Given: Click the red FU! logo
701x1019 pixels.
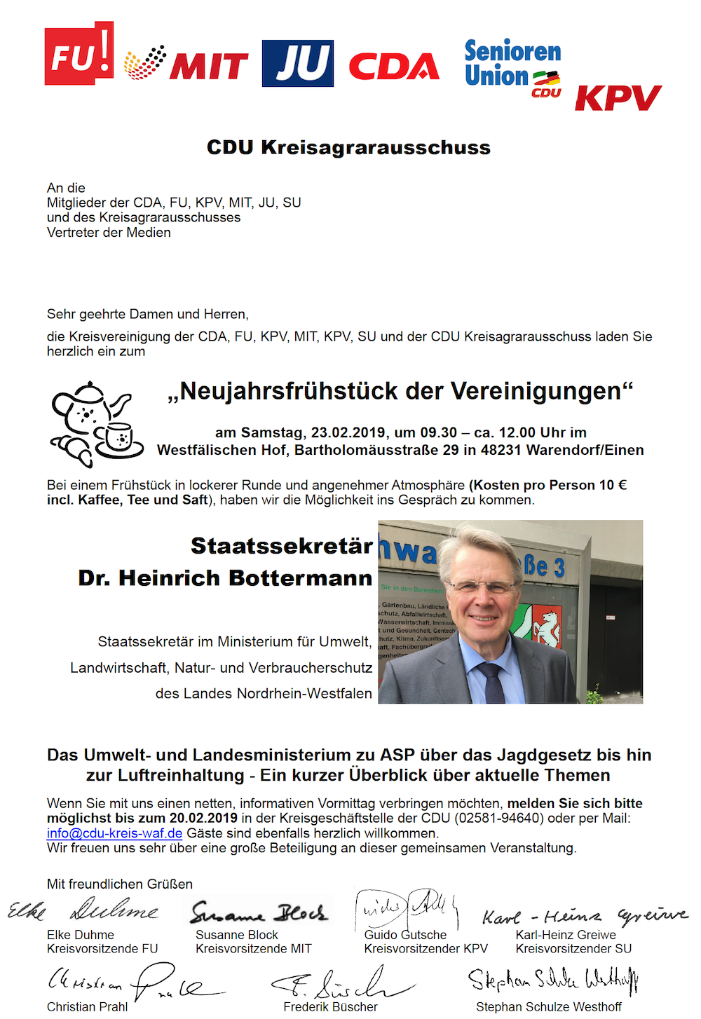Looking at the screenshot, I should click(79, 54).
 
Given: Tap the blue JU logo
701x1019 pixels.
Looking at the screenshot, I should click(297, 63).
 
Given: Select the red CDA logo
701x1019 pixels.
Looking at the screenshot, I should click(393, 67).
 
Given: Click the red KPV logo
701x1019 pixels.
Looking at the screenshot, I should click(618, 97).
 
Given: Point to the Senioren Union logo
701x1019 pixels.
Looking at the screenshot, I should click(512, 67).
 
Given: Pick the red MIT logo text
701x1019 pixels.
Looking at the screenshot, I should click(208, 67).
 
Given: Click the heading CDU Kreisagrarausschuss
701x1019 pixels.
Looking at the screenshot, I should click(348, 147).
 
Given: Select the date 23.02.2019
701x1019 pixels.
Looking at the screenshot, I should click(348, 432).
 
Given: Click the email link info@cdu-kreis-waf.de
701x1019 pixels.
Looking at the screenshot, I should click(114, 833).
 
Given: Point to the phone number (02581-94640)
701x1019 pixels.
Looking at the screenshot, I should click(498, 818).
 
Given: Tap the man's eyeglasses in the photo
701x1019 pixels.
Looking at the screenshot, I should click(482, 586).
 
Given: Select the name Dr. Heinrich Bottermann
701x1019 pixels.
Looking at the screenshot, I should click(225, 578).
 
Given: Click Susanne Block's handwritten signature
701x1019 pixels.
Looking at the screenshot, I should click(259, 912).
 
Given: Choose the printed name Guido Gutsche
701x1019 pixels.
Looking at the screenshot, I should click(405, 935).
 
